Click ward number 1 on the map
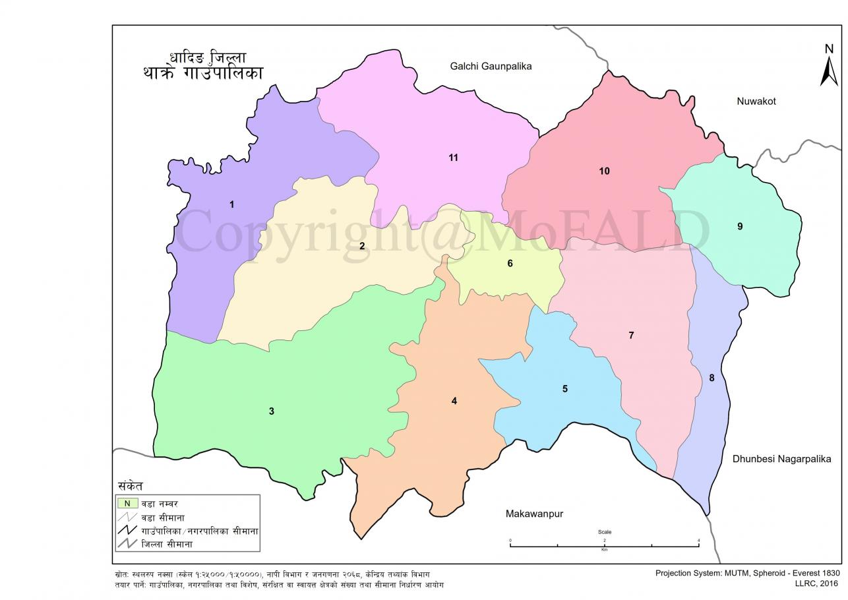coord(231,204)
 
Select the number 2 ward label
coord(362,246)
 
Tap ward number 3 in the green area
coord(271,411)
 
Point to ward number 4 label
coord(454,401)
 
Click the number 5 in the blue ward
coord(564,389)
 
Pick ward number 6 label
coord(510,264)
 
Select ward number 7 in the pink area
coord(631,336)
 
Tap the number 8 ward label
coord(712,378)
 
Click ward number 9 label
coord(740,226)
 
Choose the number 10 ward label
coord(604,171)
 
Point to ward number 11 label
coord(453,158)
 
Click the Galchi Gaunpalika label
coord(491,66)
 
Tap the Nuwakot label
coord(756,102)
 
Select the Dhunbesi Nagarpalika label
coord(781,459)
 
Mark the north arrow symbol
coord(829,66)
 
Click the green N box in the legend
coord(127,503)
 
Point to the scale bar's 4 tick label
coord(698,541)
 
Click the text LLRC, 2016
coord(816,583)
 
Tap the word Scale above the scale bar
coord(604,531)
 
